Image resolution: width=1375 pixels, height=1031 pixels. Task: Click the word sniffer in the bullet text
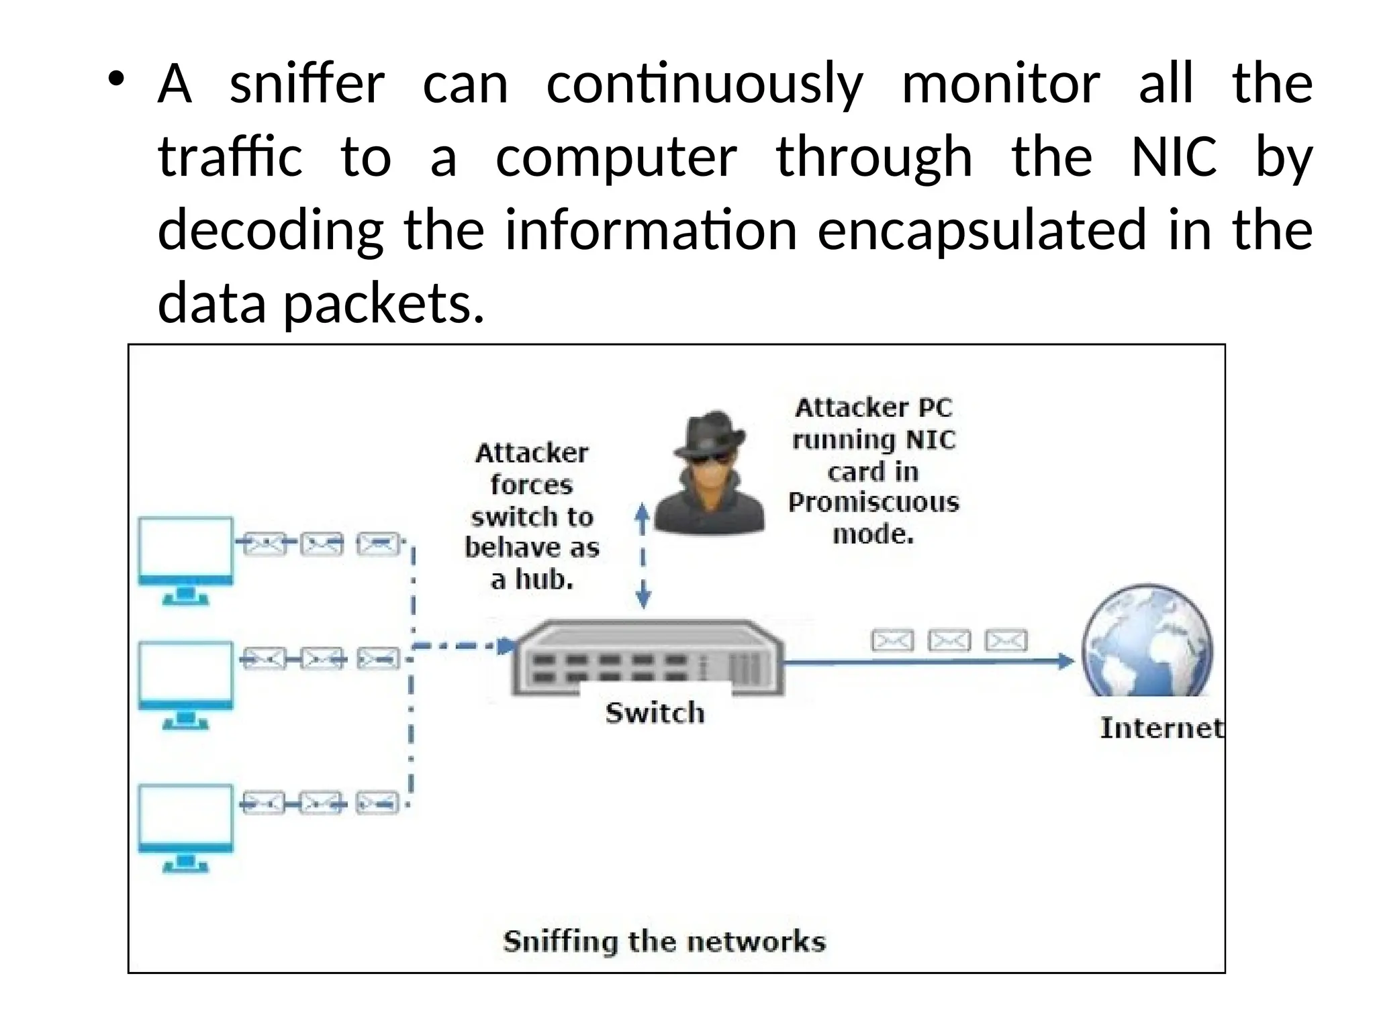tap(307, 85)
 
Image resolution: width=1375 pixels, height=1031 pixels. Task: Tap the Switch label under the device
tap(655, 713)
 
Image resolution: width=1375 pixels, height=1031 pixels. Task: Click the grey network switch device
tap(647, 658)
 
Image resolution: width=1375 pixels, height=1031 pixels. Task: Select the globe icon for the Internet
tap(1147, 641)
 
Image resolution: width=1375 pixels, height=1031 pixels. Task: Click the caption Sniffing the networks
tap(664, 942)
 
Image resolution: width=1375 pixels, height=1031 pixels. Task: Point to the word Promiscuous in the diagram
tap(873, 503)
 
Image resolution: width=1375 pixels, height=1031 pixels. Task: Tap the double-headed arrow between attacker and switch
tap(643, 556)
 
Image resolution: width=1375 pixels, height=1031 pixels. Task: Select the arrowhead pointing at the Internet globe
tap(1066, 661)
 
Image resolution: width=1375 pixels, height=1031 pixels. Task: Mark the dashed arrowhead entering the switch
tap(506, 646)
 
